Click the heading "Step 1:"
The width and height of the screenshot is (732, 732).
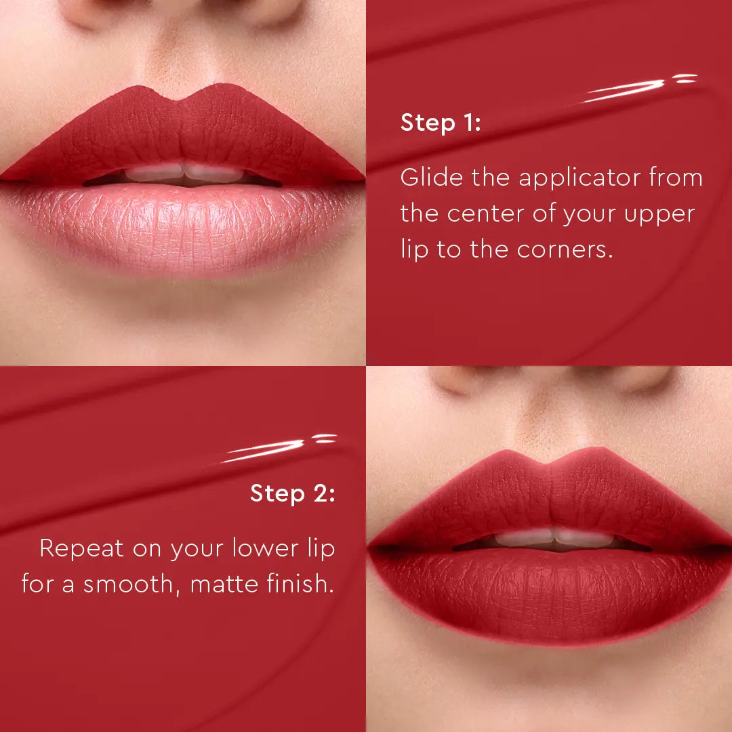pos(441,123)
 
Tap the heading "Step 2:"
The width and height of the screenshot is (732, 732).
pos(292,493)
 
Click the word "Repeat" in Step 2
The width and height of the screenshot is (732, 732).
pos(81,548)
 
